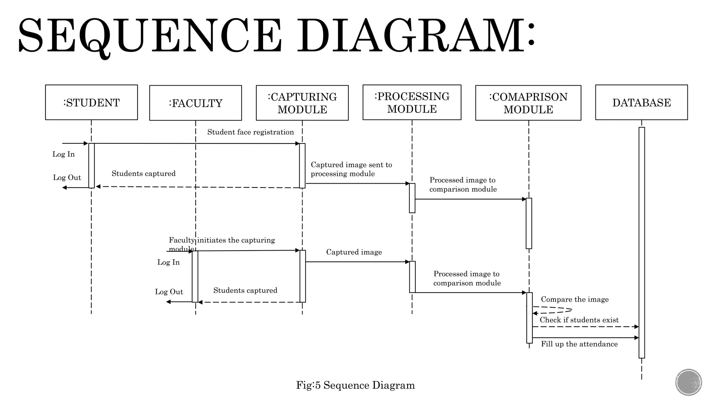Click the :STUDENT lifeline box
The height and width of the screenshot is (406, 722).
91,102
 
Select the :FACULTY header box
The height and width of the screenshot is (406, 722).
195,103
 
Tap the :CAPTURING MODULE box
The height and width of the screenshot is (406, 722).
302,103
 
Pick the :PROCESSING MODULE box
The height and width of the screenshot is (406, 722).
412,102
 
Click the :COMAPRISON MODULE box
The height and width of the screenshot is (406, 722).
528,103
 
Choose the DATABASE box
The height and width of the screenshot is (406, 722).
641,102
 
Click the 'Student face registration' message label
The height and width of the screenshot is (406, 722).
250,132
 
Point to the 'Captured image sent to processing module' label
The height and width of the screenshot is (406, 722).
351,169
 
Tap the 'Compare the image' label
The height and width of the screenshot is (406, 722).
575,300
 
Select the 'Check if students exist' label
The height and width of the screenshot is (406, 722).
579,320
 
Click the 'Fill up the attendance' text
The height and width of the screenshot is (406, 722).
579,344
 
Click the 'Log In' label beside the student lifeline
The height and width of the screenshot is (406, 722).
63,154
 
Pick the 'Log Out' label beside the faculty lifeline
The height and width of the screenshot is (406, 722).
169,292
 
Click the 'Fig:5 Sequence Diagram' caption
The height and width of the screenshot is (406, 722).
355,385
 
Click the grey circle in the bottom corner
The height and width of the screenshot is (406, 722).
689,382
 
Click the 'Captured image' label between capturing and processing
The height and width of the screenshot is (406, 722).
354,252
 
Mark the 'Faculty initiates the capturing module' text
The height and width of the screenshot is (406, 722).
221,244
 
